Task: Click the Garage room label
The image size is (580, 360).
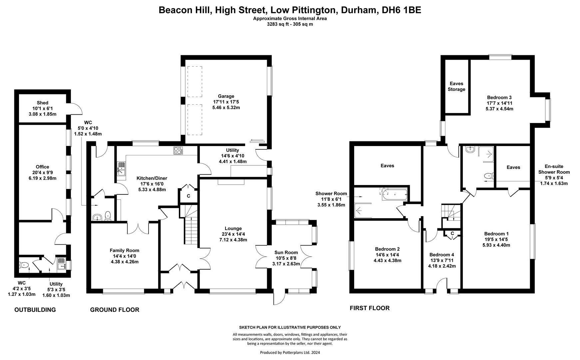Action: (226, 96)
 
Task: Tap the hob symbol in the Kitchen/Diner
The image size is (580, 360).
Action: (178, 151)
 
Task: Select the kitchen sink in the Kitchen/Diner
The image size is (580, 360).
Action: (121, 169)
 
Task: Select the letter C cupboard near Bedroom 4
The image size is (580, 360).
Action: (452, 234)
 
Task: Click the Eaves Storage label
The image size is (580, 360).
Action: (456, 86)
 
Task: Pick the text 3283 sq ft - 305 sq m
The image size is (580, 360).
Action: (290, 24)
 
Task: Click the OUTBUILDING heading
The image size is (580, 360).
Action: (35, 310)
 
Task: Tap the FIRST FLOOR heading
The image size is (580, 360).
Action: (369, 308)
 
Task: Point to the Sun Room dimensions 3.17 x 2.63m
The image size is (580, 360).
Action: (286, 264)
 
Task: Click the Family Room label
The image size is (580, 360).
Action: (125, 250)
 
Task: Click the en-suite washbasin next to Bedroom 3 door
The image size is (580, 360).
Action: (470, 149)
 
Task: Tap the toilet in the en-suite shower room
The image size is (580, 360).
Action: (488, 175)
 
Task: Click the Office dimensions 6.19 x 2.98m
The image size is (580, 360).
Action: (42, 178)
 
